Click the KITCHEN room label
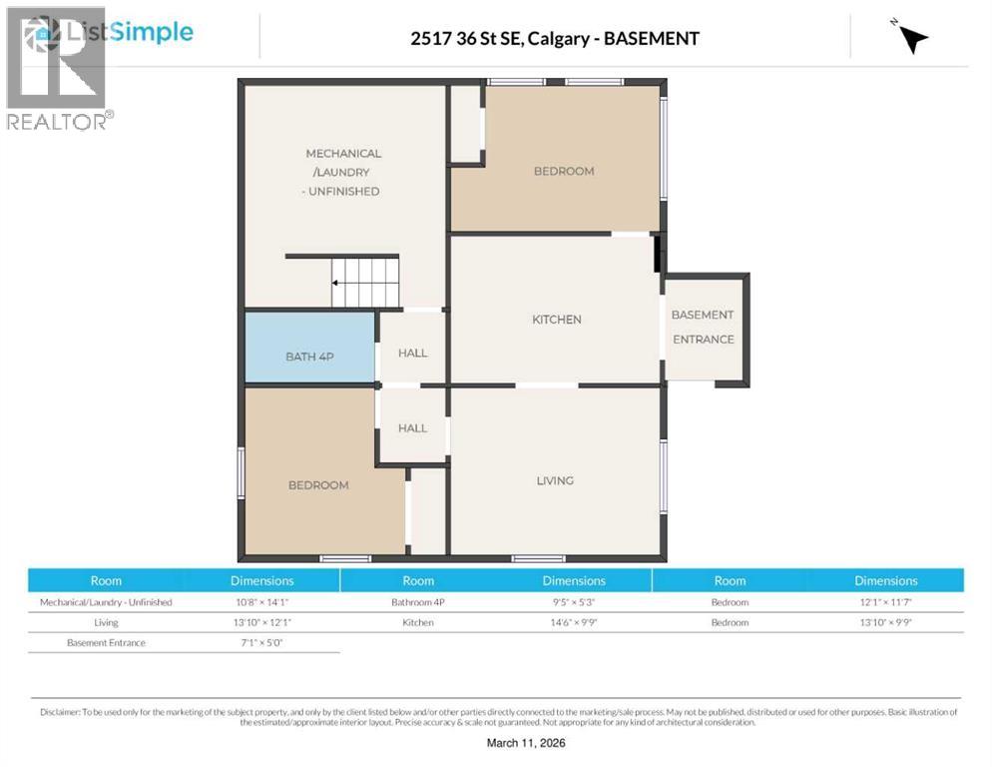tap(556, 320)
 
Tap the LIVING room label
tap(555, 480)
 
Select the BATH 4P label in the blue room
tap(309, 356)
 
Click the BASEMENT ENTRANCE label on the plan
tap(703, 327)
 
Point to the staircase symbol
tap(365, 283)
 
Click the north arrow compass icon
tap(910, 38)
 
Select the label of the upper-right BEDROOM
tap(564, 171)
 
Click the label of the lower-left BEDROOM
tap(318, 485)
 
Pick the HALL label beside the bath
tap(412, 353)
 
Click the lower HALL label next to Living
tap(412, 428)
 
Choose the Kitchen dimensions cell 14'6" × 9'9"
tap(574, 622)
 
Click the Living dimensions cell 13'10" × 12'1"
tap(262, 622)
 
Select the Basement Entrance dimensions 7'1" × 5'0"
tap(262, 642)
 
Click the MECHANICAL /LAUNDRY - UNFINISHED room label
tap(342, 172)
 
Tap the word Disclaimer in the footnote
tap(60, 712)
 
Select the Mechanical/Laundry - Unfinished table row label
tap(106, 602)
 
